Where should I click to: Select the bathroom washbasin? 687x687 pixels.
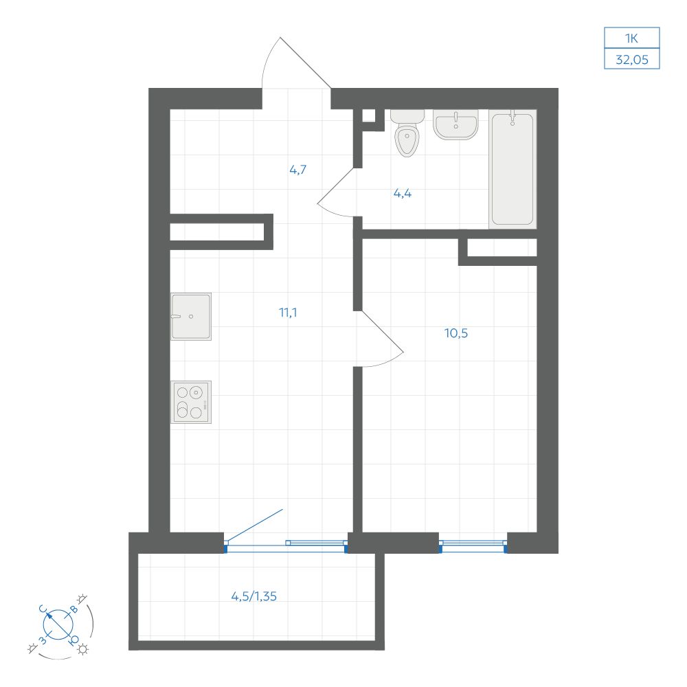455,124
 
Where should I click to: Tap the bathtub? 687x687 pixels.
513,169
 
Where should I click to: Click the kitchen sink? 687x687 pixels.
191,316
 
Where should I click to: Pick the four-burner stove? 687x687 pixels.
191,402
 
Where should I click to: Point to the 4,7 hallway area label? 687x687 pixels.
298,170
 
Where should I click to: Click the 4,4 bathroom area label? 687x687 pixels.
402,193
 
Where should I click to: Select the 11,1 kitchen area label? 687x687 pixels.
288,313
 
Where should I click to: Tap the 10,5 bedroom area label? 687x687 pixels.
456,333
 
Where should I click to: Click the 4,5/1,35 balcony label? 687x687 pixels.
254,596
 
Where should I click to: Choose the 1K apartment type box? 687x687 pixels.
632,38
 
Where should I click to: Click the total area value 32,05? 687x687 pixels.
632,59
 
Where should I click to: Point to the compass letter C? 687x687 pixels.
43,609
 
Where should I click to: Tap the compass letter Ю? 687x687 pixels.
74,640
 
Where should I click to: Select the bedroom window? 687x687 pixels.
473,545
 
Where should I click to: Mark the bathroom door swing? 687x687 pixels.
335,193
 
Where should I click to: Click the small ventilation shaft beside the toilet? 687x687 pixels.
369,115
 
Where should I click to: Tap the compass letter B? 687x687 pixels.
74,609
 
